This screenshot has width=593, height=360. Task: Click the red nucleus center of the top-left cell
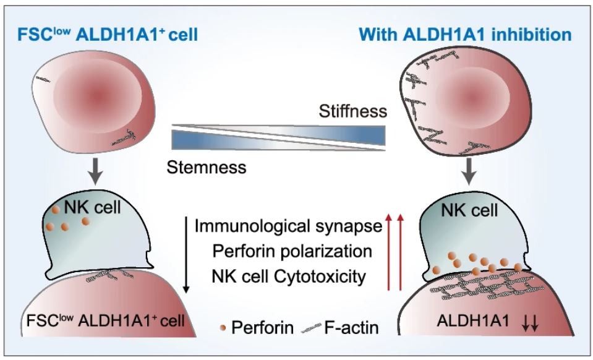click(96, 94)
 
